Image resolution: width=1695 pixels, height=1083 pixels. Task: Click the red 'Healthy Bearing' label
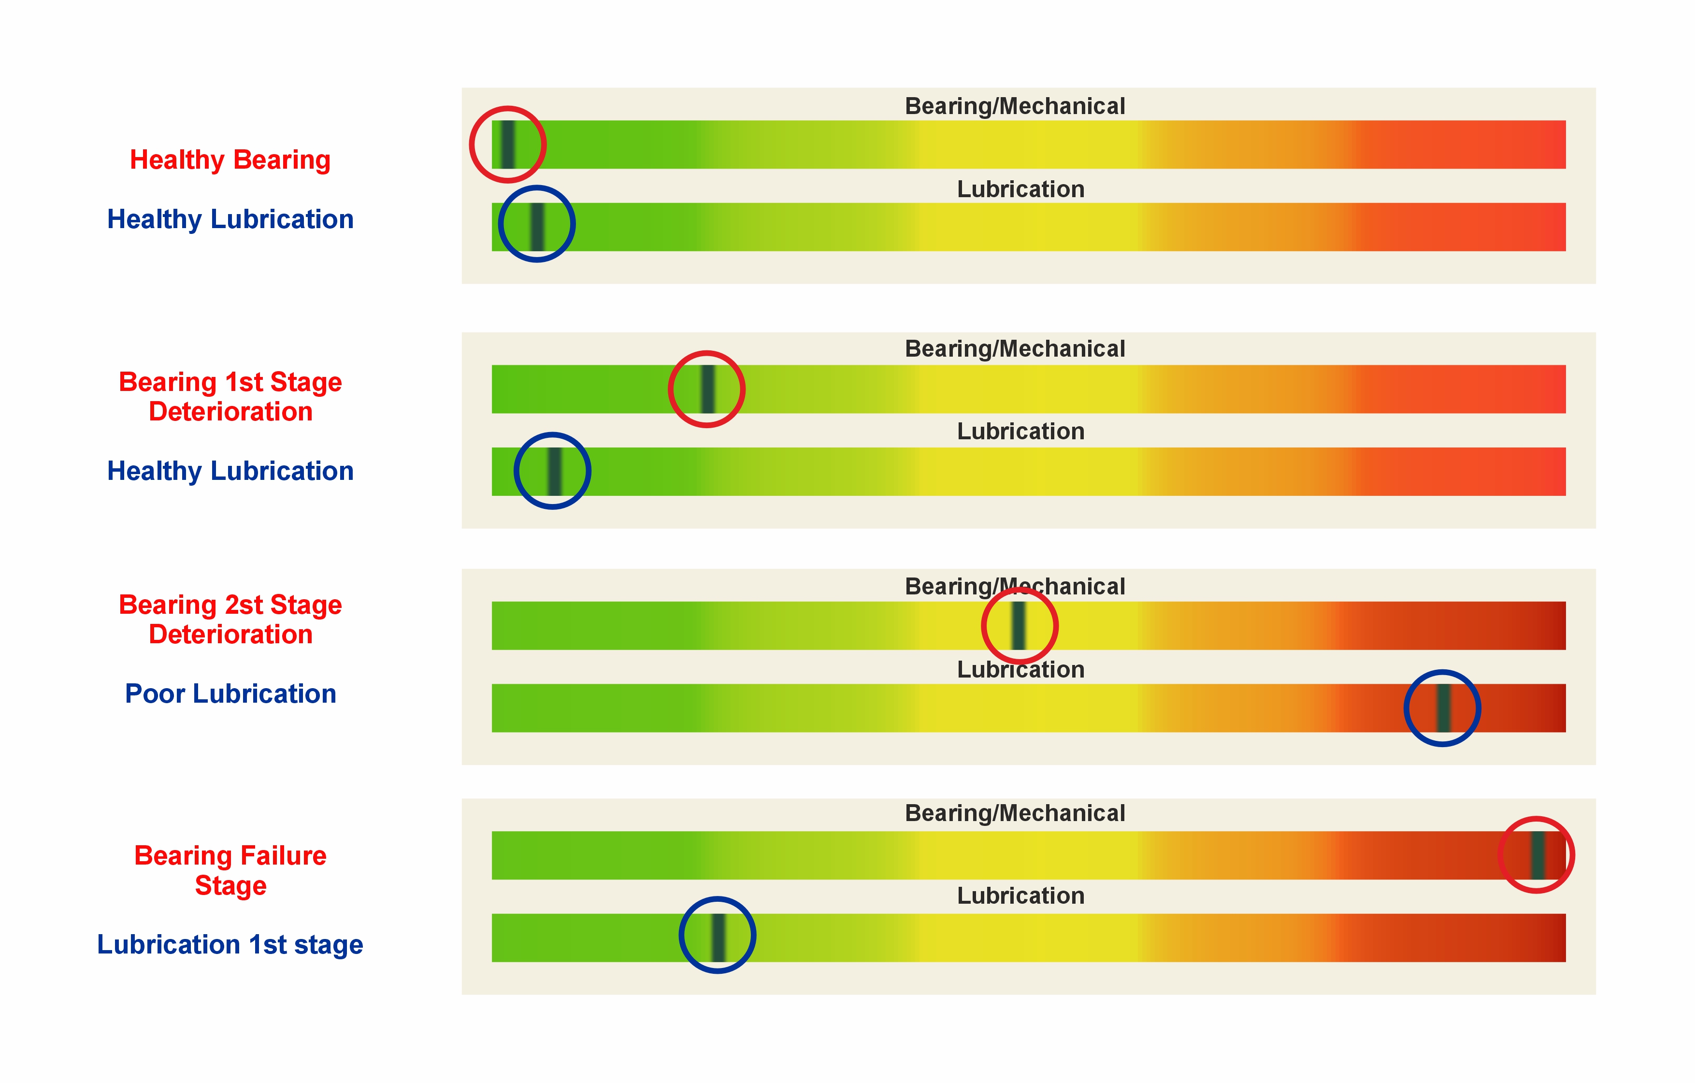pos(230,160)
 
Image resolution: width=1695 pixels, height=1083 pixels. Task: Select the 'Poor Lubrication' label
pos(230,693)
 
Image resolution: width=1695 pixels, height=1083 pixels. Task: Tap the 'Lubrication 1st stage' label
pos(230,944)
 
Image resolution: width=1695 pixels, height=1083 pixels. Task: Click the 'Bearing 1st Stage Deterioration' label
pos(230,396)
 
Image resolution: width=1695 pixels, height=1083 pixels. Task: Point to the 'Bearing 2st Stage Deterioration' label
pos(230,619)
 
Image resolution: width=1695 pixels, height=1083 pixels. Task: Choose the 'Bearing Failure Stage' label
pos(230,870)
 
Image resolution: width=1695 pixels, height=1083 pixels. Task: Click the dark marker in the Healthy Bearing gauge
pos(507,144)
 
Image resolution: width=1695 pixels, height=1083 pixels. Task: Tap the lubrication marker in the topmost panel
pos(537,226)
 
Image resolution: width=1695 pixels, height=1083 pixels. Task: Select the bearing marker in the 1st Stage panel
pos(707,389)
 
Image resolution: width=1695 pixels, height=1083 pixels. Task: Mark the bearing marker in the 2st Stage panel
pos(1019,625)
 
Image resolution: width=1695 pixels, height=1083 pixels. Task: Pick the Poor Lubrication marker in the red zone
pos(1443,708)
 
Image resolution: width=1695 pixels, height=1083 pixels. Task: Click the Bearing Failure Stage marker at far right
pos(1537,855)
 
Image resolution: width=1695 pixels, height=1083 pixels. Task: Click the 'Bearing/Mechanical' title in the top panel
pos(1014,106)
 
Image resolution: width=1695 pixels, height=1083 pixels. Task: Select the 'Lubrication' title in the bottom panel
pos(1020,895)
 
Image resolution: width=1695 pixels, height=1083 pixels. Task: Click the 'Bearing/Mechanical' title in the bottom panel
pos(1014,813)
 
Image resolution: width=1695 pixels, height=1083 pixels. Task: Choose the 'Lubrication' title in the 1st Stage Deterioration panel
pos(1020,431)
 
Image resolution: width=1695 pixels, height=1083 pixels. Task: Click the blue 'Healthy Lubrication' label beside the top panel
pos(230,220)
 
